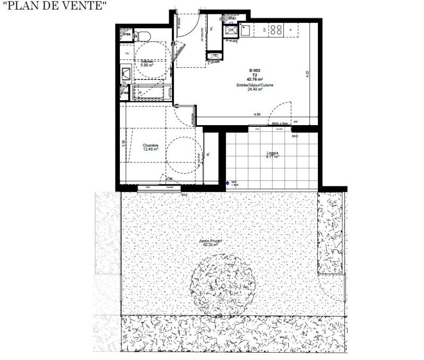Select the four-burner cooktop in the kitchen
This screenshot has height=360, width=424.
point(276,30)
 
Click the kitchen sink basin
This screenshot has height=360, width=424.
point(245,30)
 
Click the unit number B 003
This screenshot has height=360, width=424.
point(255,71)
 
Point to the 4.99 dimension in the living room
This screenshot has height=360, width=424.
point(257,115)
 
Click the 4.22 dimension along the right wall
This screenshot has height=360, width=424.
point(307,74)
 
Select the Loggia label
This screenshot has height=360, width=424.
point(273,154)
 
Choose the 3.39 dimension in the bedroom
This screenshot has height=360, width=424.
point(123,142)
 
